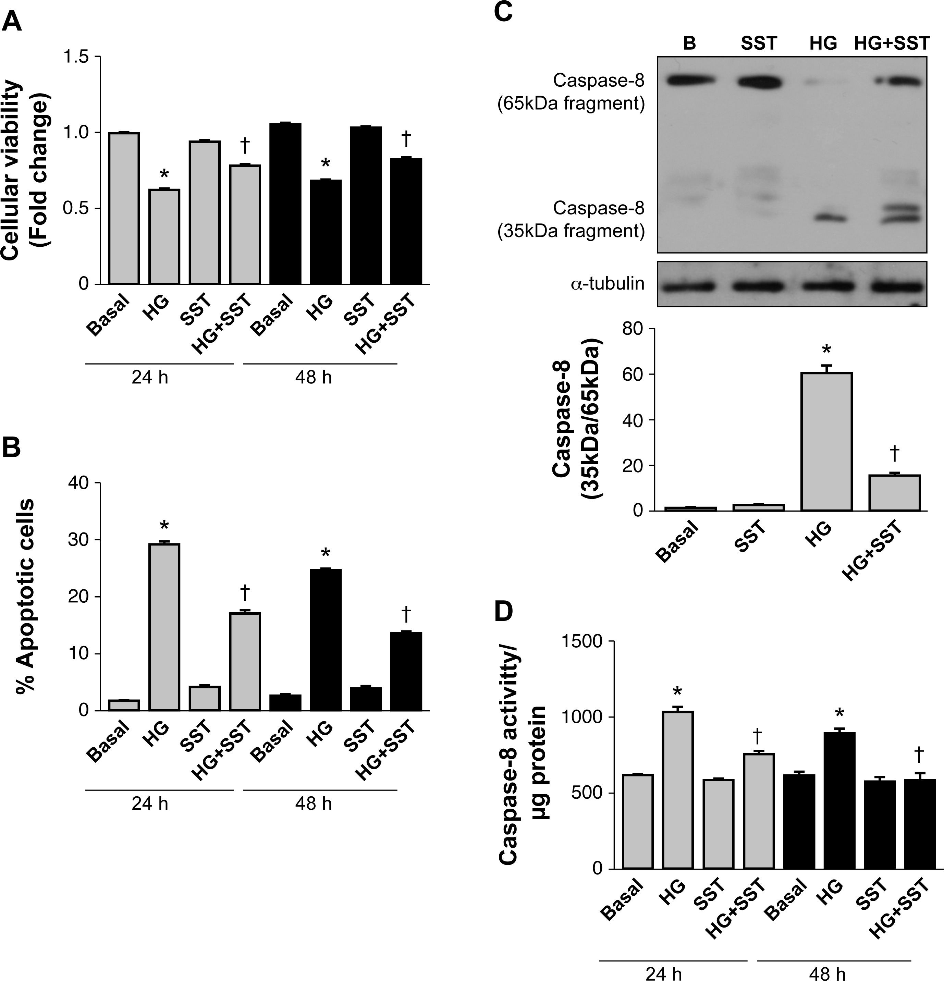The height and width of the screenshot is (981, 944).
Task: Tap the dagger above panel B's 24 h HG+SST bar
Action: point(245,592)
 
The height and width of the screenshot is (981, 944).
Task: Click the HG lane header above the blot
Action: point(823,43)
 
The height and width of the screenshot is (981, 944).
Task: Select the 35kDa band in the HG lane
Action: point(825,218)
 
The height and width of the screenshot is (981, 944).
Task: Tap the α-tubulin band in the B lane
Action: point(690,287)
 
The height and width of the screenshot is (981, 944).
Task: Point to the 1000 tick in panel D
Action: point(597,717)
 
